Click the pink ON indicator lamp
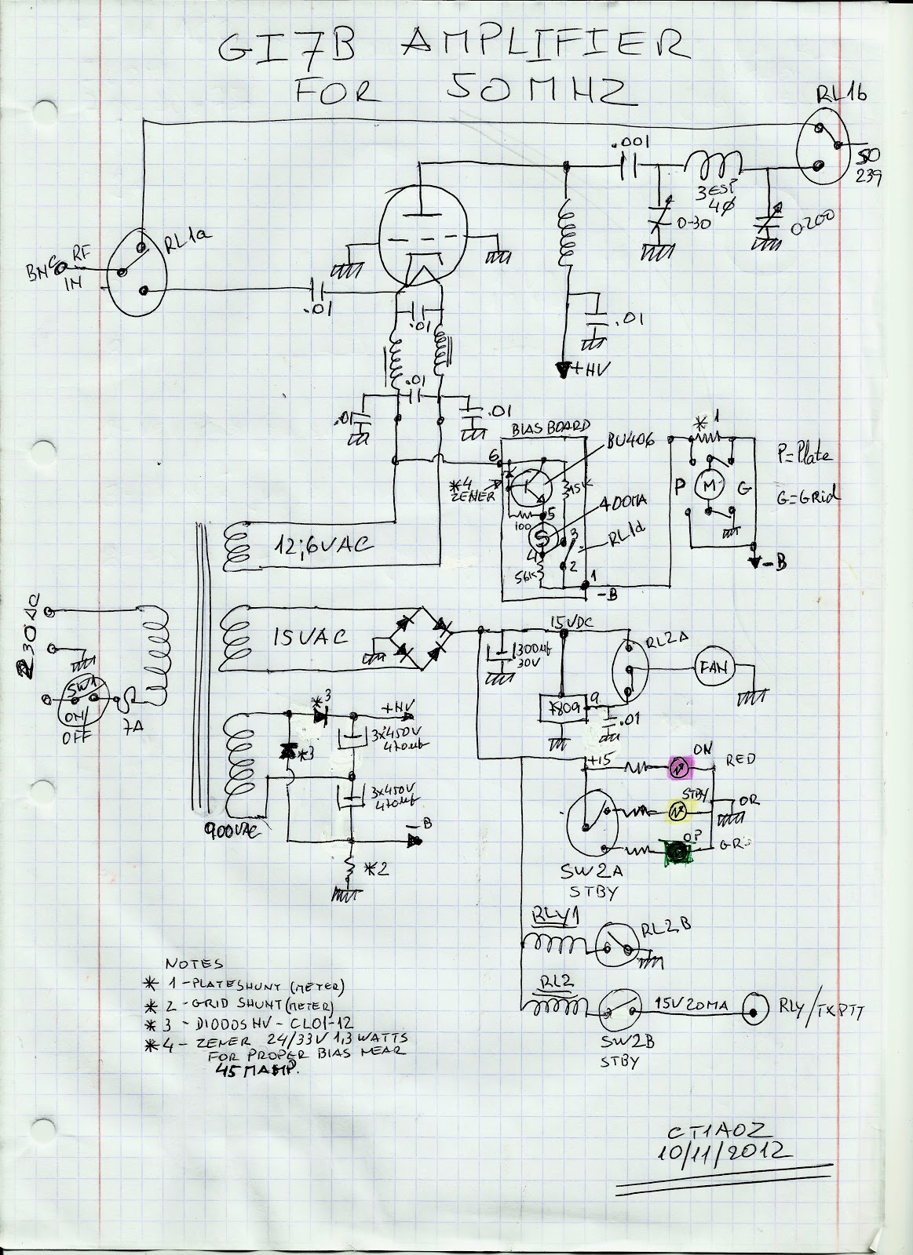click(x=678, y=766)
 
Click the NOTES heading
click(x=195, y=963)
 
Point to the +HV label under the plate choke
click(x=584, y=368)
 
